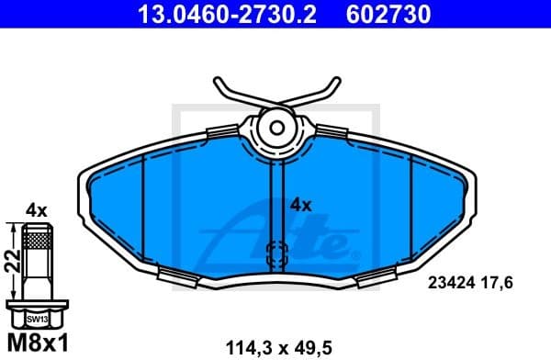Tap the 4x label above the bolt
[36, 210]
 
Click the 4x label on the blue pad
[301, 205]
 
